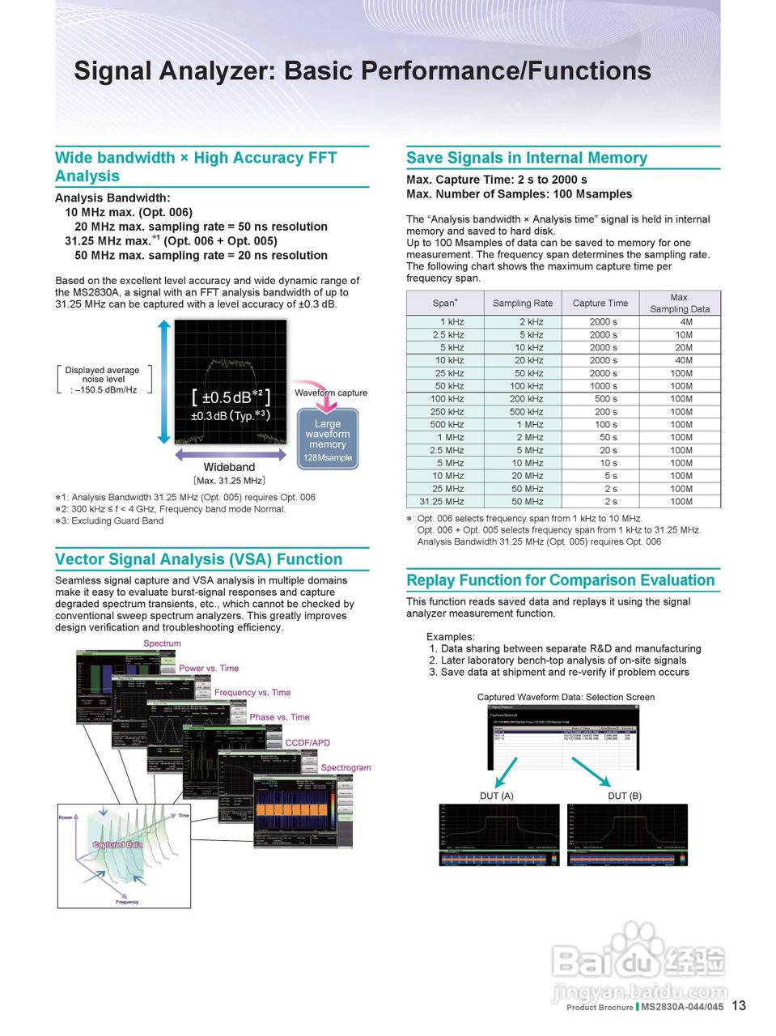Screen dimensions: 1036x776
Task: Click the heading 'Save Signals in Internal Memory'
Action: click(526, 158)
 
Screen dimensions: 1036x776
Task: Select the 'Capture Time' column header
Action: click(600, 304)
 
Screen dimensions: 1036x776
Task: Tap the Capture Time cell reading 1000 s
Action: click(603, 386)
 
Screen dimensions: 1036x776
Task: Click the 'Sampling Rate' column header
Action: click(523, 304)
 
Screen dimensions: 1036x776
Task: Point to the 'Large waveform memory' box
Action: click(328, 439)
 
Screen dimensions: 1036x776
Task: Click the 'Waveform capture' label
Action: click(330, 393)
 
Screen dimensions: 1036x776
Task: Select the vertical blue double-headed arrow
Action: click(164, 381)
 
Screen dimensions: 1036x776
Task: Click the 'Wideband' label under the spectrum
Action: click(229, 467)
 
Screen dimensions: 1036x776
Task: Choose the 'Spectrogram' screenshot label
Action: click(346, 767)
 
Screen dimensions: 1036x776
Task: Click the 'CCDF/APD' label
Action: click(307, 742)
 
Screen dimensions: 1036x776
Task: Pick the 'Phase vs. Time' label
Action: click(279, 717)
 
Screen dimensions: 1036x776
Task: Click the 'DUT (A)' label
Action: click(496, 796)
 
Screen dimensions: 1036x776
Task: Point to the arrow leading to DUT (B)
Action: click(591, 771)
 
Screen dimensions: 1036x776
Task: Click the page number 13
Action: click(739, 1005)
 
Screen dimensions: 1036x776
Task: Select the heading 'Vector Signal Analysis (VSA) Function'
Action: click(198, 559)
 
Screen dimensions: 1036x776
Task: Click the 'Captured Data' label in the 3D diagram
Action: click(118, 844)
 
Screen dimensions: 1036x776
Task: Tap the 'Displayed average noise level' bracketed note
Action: click(104, 380)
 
